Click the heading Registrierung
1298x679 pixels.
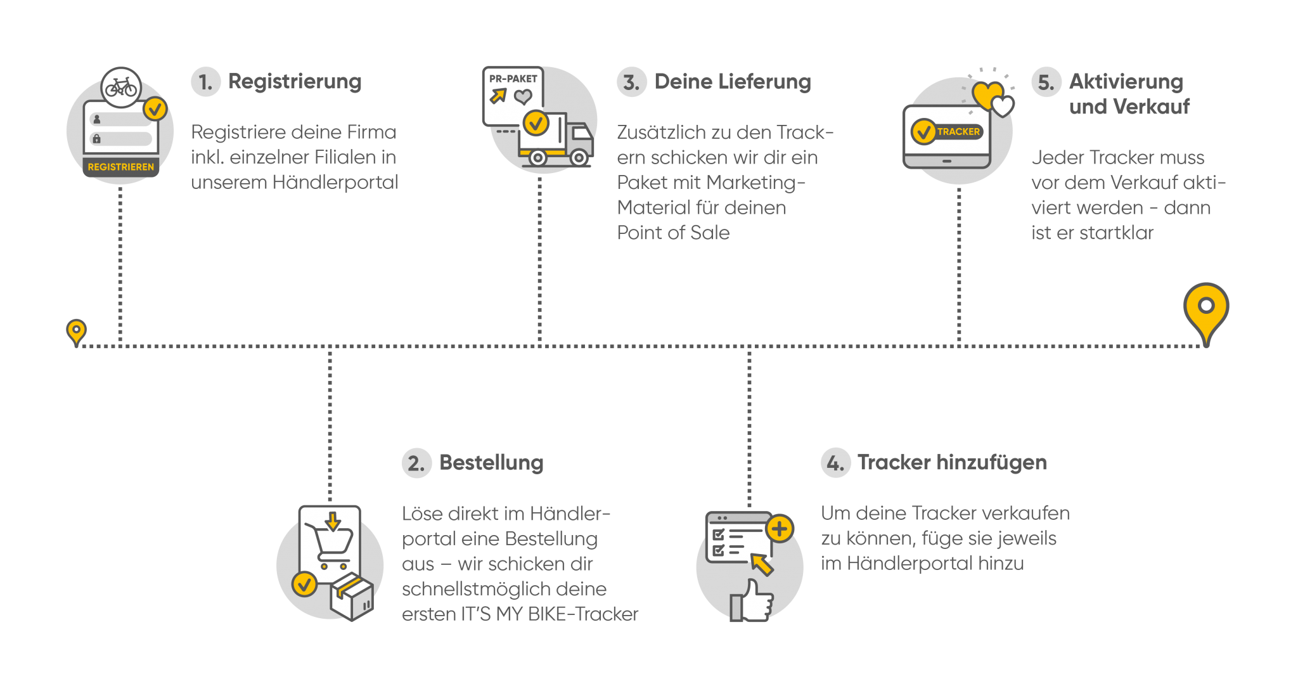coord(295,82)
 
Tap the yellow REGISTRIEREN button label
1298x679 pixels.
coord(120,167)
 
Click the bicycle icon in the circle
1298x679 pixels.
coord(121,87)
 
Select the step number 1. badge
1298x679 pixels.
coord(205,82)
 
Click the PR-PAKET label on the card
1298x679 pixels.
coord(513,79)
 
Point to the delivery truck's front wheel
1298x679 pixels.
coord(579,157)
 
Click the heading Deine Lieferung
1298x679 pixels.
coord(733,82)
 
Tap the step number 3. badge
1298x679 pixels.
coord(631,82)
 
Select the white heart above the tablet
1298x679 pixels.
coord(1003,106)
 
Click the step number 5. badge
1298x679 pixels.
coord(1046,82)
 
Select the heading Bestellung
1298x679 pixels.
coord(491,463)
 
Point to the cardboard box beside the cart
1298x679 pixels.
coord(352,597)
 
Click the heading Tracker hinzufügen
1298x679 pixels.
coord(952,463)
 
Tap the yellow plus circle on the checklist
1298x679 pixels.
coord(780,529)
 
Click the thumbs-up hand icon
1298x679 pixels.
coord(752,600)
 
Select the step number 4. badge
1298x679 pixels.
coord(835,463)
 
